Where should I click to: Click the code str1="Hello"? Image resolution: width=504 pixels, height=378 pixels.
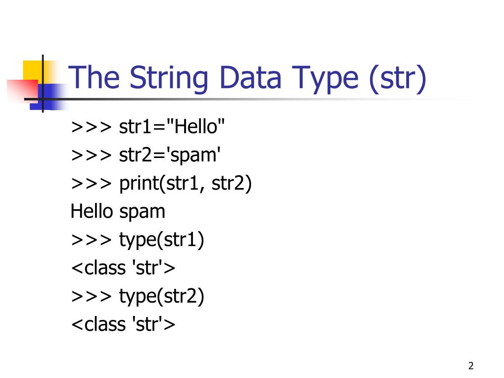(x=172, y=127)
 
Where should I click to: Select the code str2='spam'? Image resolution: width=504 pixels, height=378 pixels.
(x=170, y=156)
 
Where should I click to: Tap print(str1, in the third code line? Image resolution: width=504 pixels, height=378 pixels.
(x=163, y=184)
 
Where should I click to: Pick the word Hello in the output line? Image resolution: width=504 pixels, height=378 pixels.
(x=92, y=212)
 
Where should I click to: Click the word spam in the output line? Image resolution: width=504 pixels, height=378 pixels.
(x=142, y=212)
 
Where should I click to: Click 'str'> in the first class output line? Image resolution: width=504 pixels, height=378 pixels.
(x=153, y=269)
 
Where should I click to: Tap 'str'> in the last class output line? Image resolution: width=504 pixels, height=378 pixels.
(x=153, y=325)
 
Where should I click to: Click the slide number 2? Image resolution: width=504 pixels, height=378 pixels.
(x=471, y=366)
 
